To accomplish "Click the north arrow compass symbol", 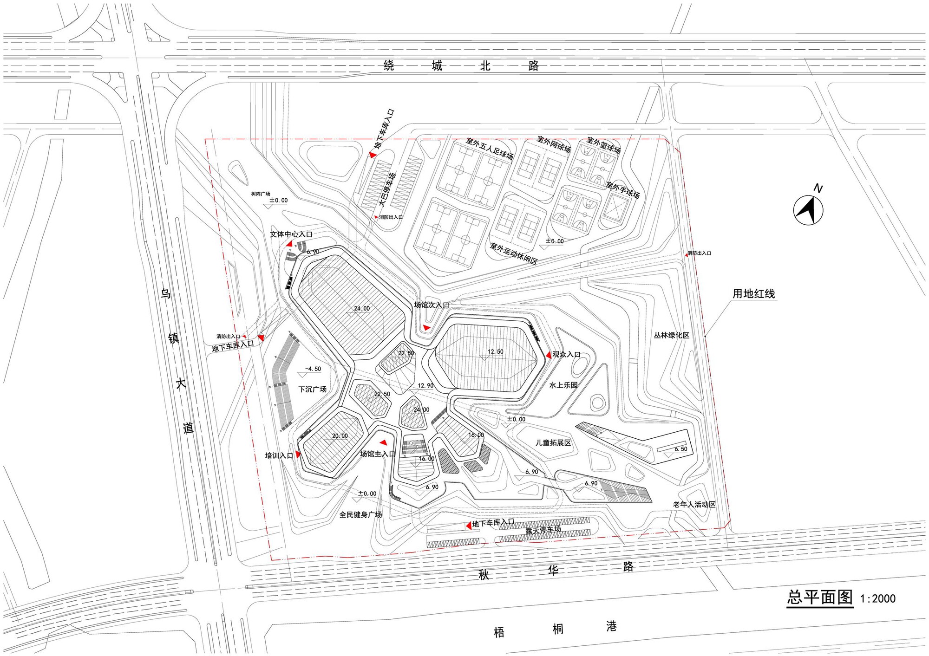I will pyautogui.click(x=808, y=210).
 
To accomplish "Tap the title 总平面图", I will pyautogui.click(x=820, y=597).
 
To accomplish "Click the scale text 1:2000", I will pyautogui.click(x=877, y=598).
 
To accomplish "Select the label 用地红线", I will pyautogui.click(x=753, y=293).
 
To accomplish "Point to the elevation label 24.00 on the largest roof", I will pyautogui.click(x=362, y=309).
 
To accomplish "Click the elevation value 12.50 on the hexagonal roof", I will pyautogui.click(x=495, y=352).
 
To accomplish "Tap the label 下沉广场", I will pyautogui.click(x=312, y=389).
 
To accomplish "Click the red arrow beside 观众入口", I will pyautogui.click(x=548, y=355).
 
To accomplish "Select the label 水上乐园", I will pyautogui.click(x=563, y=385).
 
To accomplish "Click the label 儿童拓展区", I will pyautogui.click(x=553, y=443).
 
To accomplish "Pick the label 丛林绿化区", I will pyautogui.click(x=671, y=335).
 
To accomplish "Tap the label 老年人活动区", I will pyautogui.click(x=694, y=505).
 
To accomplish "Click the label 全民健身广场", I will pyautogui.click(x=360, y=514).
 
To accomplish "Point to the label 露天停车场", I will pyautogui.click(x=543, y=530).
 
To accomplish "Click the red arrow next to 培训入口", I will pyautogui.click(x=298, y=455).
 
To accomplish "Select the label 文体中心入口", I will pyautogui.click(x=291, y=234).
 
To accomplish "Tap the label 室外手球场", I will pyautogui.click(x=623, y=190).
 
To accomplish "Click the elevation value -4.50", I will pyautogui.click(x=313, y=369).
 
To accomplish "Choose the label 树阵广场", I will pyautogui.click(x=261, y=194).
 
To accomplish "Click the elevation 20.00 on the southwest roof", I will pyautogui.click(x=340, y=436).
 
